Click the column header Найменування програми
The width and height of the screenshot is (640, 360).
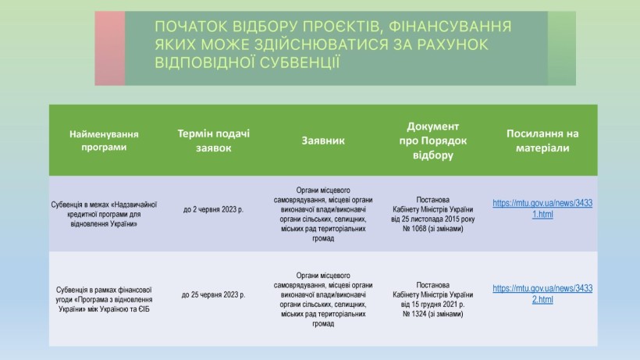coord(104,141)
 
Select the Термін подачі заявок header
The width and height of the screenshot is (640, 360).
coord(214,141)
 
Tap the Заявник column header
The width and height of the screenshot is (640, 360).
coord(323,141)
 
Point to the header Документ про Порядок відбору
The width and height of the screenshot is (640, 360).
coord(432,141)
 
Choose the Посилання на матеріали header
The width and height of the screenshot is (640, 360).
coord(542,141)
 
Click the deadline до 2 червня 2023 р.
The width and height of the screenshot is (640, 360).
coord(214,209)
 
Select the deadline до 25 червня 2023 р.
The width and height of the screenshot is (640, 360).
coord(214,294)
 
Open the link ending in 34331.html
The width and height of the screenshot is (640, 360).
coord(542,209)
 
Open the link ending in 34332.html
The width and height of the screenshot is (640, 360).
coord(542,294)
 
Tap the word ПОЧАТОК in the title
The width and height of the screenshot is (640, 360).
coord(191,27)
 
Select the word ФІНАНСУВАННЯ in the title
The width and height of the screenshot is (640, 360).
coord(450,27)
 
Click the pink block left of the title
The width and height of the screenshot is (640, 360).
coord(110,48)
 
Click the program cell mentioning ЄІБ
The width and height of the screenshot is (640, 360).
coord(104,300)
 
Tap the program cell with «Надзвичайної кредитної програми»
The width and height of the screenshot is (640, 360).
coord(104,214)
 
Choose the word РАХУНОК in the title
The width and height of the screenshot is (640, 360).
coord(452,45)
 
